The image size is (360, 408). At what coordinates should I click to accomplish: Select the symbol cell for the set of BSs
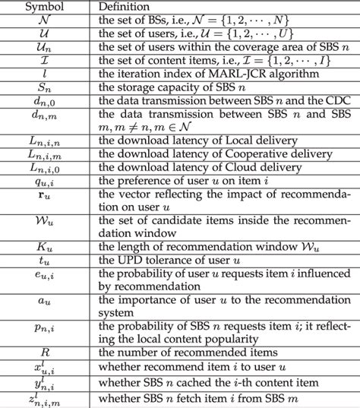[48, 21]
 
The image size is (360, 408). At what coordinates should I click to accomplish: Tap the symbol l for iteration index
[48, 72]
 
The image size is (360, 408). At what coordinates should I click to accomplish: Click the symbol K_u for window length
[48, 244]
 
